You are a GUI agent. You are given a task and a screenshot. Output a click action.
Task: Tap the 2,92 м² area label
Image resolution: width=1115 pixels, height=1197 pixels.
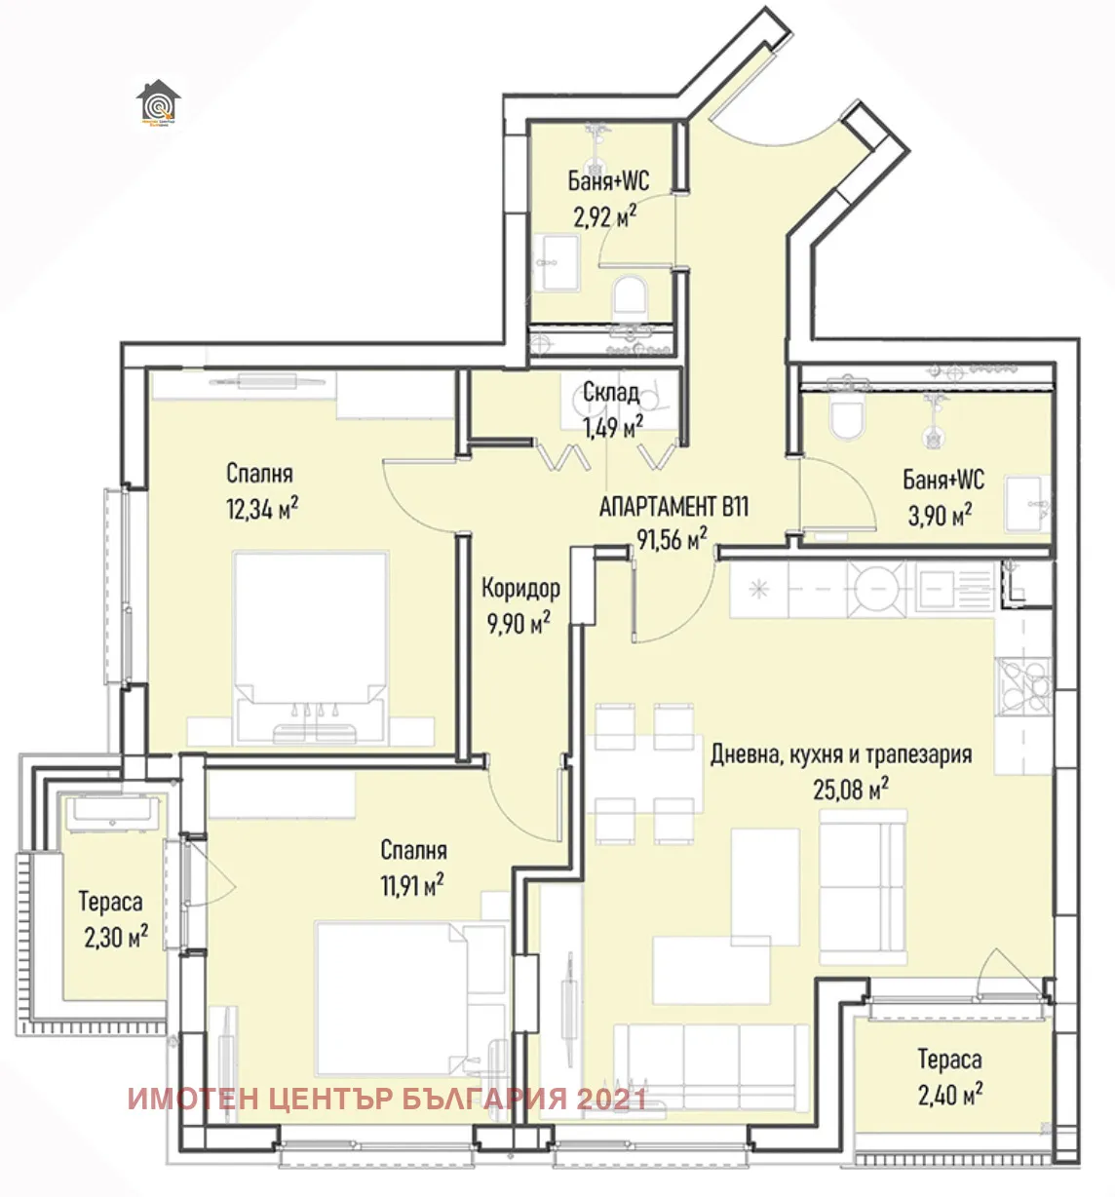(x=605, y=215)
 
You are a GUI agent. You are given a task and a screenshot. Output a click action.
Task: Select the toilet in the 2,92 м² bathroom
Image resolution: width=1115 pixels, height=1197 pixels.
(x=631, y=294)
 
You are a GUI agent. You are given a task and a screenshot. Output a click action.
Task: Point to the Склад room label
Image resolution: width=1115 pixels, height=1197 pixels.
(x=611, y=393)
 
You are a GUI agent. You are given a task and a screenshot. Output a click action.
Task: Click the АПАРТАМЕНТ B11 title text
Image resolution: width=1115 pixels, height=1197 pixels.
(x=673, y=507)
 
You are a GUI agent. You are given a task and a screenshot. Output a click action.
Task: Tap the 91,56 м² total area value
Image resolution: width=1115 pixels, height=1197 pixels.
(x=672, y=538)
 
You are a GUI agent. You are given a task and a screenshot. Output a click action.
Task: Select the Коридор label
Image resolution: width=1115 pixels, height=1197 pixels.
(x=520, y=588)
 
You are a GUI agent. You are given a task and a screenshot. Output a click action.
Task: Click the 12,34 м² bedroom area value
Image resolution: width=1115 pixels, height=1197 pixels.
(x=261, y=508)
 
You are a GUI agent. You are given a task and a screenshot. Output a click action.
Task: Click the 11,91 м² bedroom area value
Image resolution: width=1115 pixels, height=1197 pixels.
(x=411, y=885)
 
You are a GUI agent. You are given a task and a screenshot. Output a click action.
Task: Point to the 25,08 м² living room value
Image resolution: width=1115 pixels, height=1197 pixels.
(x=850, y=789)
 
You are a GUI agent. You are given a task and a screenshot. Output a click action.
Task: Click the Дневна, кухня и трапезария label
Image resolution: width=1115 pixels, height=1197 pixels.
(x=840, y=754)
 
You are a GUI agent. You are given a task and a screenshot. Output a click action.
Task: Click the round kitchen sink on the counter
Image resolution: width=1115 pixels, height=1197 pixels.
(x=877, y=590)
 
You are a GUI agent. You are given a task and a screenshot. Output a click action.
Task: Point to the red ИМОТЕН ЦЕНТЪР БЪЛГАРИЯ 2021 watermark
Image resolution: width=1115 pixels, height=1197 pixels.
(x=387, y=1100)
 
